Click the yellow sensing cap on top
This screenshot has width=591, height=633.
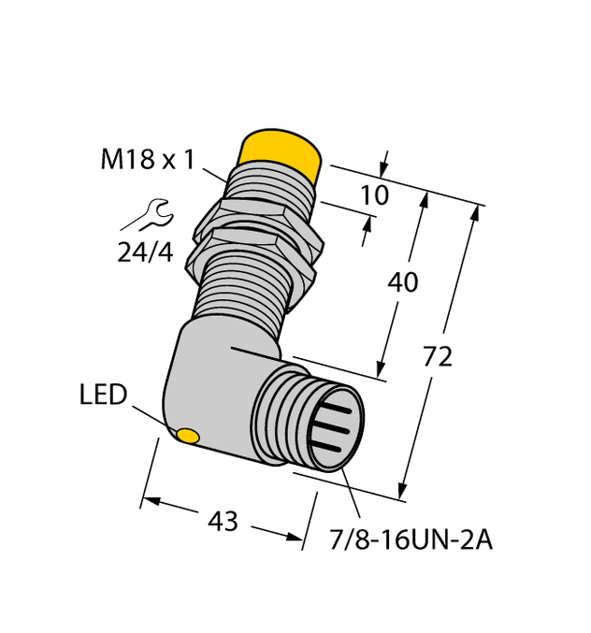coord(280,152)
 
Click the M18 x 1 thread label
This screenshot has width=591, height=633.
coord(148,160)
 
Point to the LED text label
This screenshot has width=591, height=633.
coord(103,395)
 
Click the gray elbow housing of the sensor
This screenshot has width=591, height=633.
coord(210,374)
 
